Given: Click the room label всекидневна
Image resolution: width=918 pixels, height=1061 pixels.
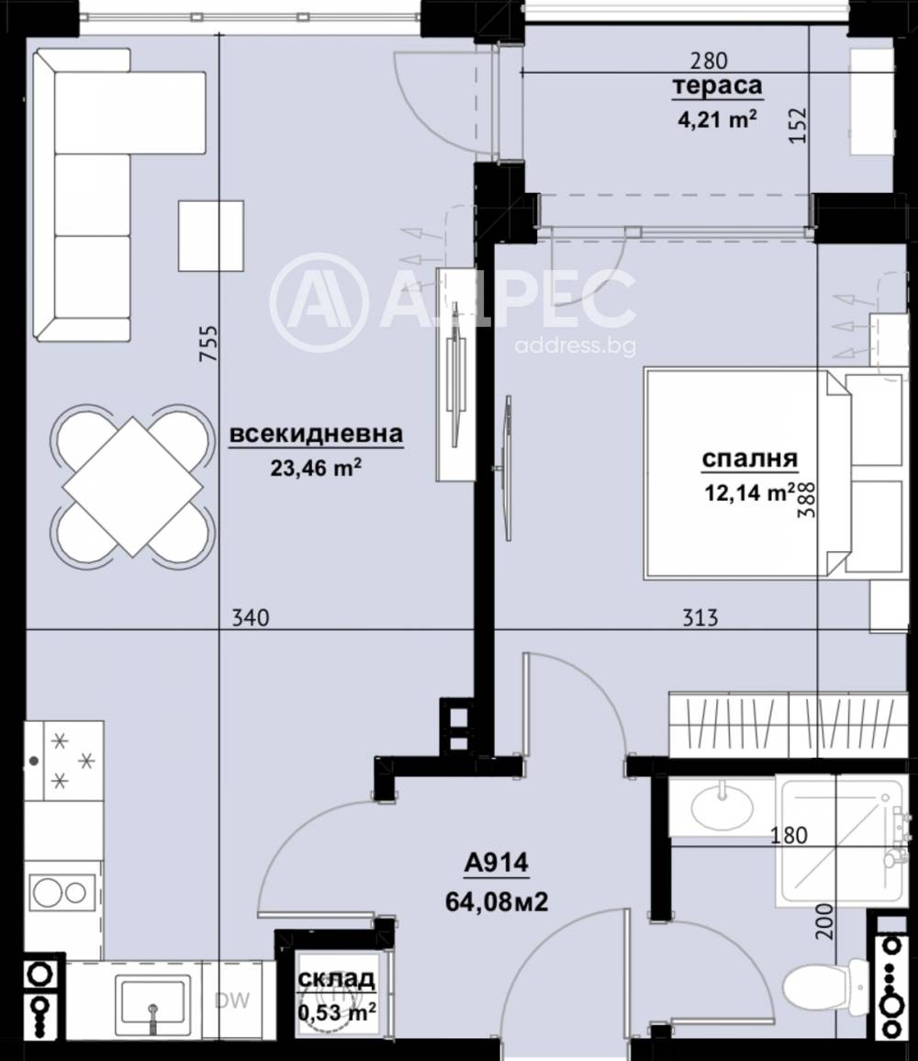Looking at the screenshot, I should click(315, 435).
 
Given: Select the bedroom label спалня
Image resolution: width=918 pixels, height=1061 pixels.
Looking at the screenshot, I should click(749, 459).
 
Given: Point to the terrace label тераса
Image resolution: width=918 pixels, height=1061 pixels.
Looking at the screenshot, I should click(718, 87).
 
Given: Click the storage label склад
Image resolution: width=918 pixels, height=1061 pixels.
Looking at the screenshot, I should click(336, 979).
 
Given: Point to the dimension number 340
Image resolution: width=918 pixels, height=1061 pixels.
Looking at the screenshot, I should click(251, 619).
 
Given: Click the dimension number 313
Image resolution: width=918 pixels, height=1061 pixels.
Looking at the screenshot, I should click(700, 619).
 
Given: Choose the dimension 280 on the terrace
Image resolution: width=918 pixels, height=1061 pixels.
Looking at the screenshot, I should click(709, 62).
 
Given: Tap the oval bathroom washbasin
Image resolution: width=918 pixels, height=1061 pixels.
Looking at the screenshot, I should click(722, 807).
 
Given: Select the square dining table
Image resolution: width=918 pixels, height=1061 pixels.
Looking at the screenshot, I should click(132, 486).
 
